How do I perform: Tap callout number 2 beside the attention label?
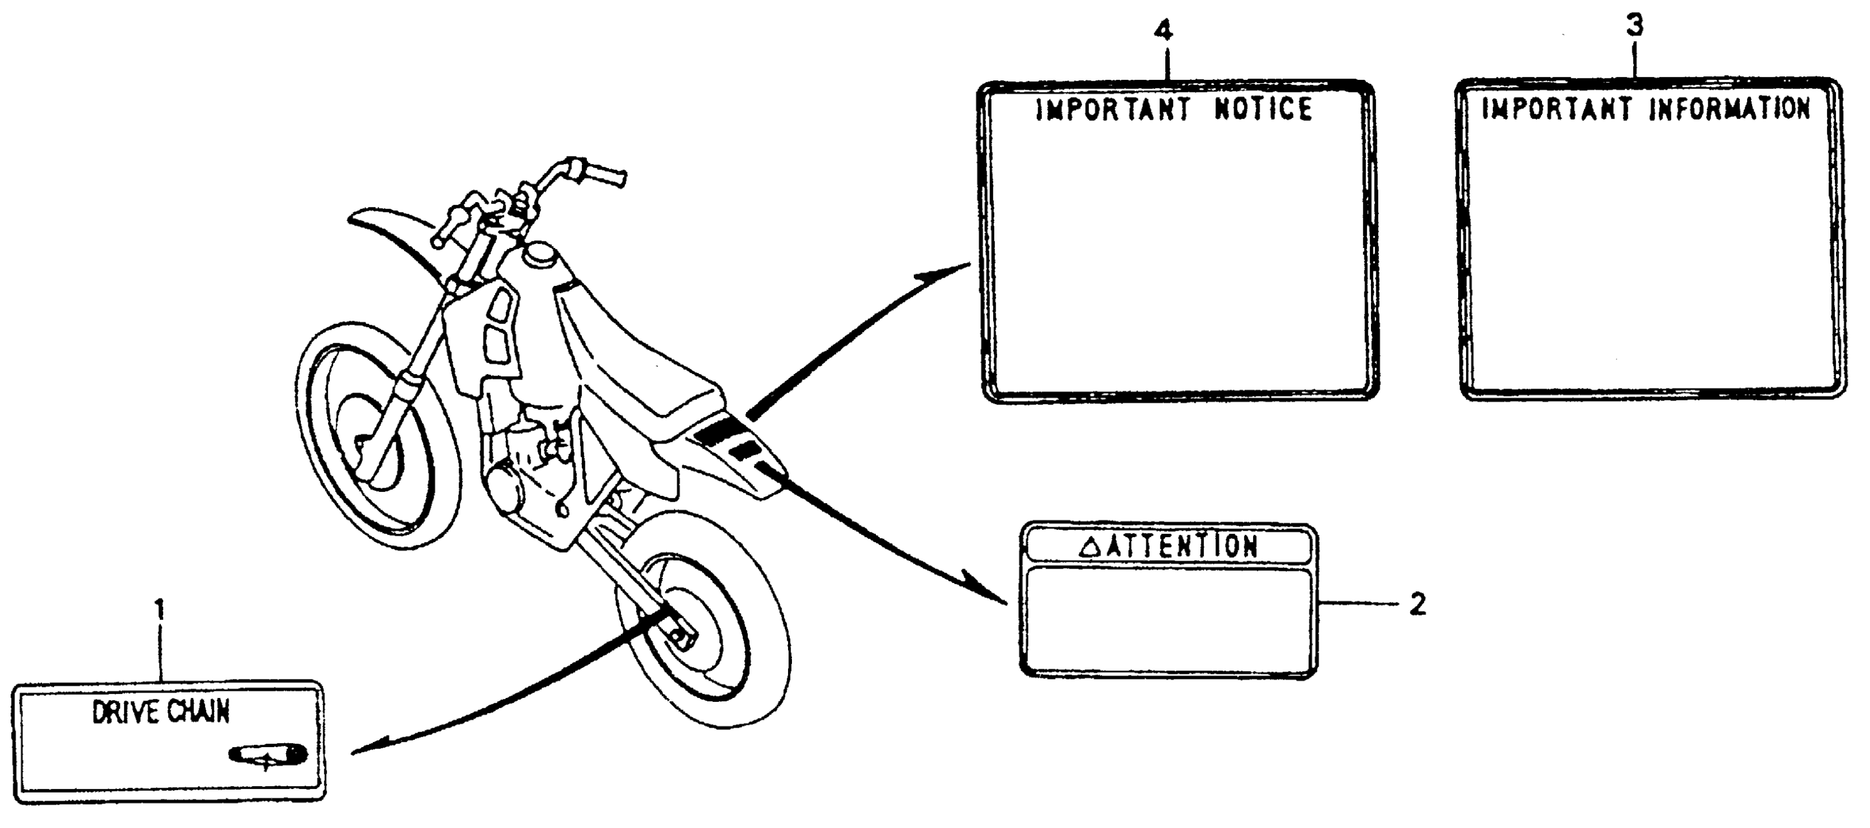[1417, 604]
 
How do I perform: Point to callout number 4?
[1163, 31]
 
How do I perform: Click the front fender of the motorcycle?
[392, 232]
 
